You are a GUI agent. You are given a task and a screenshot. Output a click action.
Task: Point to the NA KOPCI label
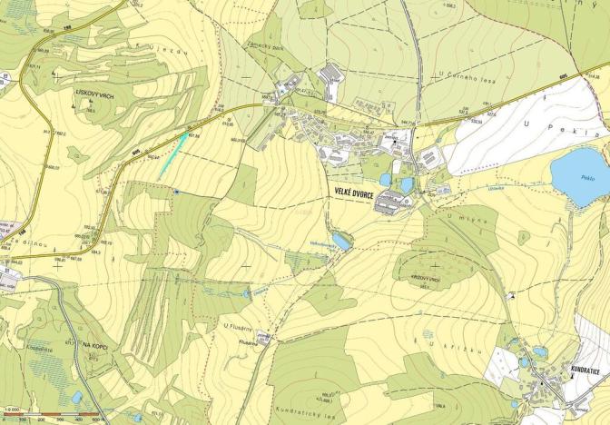pyautogui.click(x=95, y=345)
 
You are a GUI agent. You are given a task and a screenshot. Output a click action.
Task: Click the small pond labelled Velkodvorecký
pyautogui.click(x=341, y=241)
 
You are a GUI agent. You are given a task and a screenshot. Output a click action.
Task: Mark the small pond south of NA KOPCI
pyautogui.click(x=76, y=397)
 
